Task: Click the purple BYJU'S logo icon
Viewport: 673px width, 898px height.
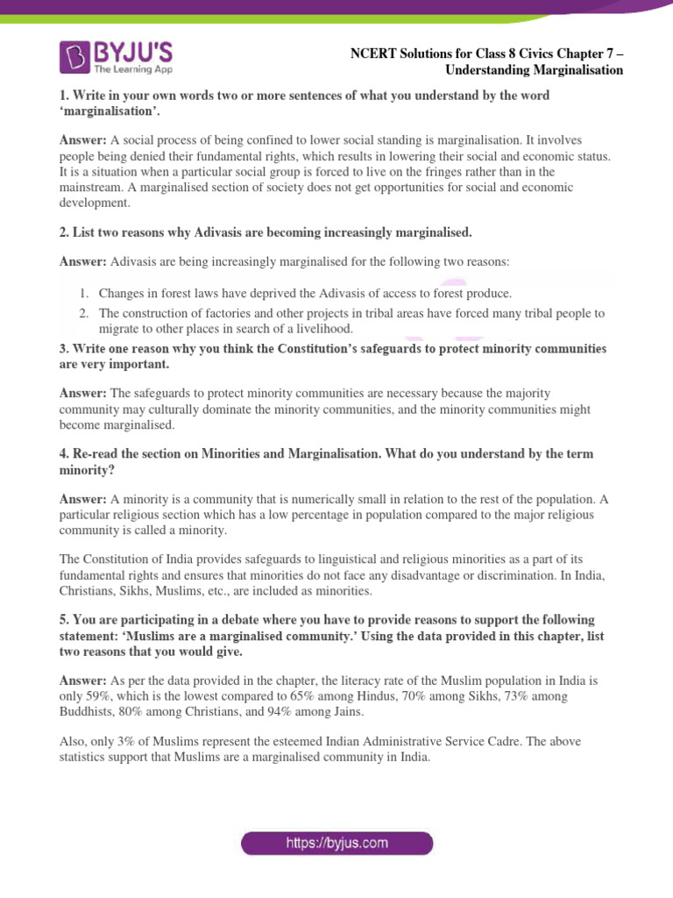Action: coord(74,58)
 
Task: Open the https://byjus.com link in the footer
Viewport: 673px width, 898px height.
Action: coord(337,843)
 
